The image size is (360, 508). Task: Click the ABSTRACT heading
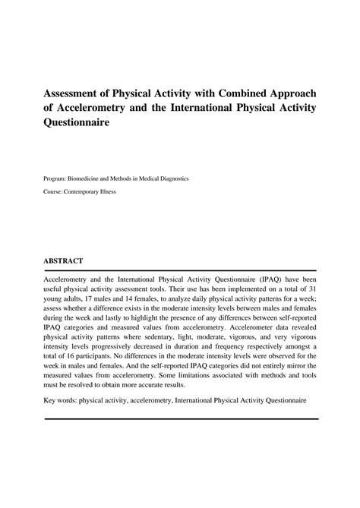(x=64, y=260)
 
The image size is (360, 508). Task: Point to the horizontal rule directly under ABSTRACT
(x=180, y=270)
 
